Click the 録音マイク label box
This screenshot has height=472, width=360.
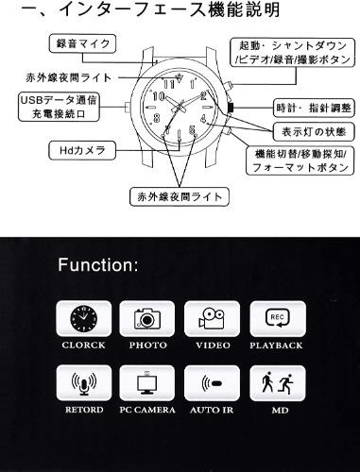[82, 43]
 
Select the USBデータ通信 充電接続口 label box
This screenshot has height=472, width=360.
[59, 107]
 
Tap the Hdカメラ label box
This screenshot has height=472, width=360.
[82, 150]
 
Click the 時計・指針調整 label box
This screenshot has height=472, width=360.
[314, 109]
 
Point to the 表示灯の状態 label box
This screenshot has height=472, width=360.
[314, 132]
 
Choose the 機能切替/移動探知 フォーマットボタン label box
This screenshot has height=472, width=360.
[300, 160]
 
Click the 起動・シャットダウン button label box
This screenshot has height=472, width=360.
[293, 53]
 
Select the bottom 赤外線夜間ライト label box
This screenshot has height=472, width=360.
[180, 197]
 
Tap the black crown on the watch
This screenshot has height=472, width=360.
[231, 108]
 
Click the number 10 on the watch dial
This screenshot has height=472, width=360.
[159, 96]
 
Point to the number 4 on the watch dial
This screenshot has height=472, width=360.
[203, 119]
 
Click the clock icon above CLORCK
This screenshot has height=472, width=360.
[84, 318]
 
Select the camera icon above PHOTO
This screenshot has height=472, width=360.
[147, 318]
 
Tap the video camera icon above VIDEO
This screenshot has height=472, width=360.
[212, 318]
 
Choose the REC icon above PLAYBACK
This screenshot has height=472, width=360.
[278, 318]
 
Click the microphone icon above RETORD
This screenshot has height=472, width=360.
[84, 383]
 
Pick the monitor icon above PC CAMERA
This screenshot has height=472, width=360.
[147, 383]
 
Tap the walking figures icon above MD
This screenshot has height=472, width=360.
[278, 383]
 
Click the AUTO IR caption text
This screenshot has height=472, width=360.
[212, 410]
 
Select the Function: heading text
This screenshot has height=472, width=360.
[98, 265]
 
